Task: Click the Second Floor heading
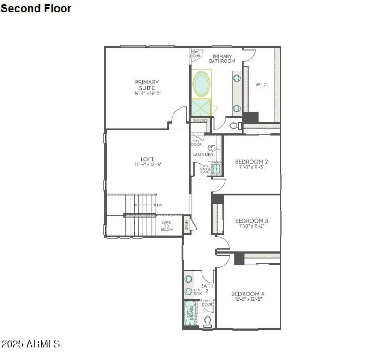tap(36, 8)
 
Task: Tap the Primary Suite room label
tap(147, 85)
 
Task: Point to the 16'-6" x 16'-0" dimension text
tap(147, 93)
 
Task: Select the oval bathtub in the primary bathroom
tap(202, 83)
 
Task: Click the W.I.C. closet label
tap(262, 84)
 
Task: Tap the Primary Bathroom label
tap(222, 58)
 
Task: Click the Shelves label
tap(200, 120)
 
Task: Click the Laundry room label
tap(202, 154)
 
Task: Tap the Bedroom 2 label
tap(251, 162)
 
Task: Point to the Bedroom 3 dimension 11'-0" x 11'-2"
tap(251, 226)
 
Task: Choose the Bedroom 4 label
tap(248, 294)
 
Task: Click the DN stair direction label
tap(160, 205)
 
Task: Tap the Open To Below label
tap(167, 226)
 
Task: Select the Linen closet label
tap(186, 224)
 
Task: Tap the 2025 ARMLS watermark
tap(30, 344)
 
